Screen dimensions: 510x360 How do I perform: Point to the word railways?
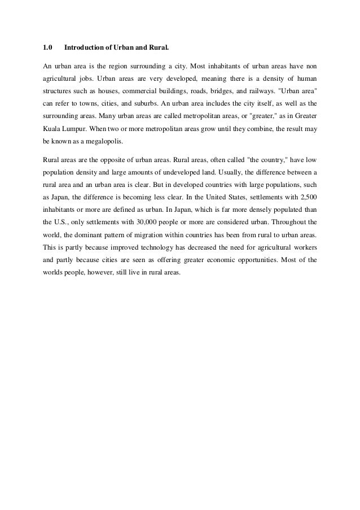point(271,90)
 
